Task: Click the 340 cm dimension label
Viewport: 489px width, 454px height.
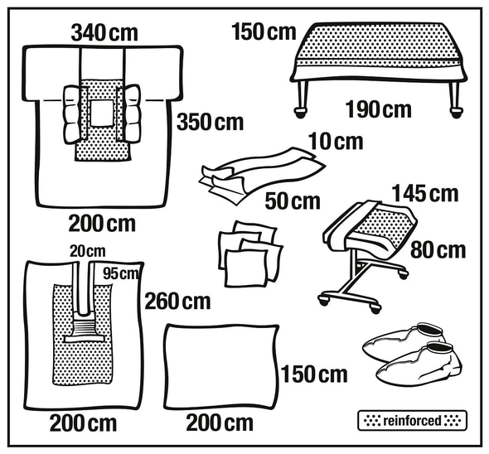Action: click(x=104, y=33)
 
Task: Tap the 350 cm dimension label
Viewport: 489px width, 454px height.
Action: click(x=210, y=122)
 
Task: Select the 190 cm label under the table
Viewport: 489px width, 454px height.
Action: click(x=378, y=109)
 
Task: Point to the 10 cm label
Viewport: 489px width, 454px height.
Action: click(x=336, y=142)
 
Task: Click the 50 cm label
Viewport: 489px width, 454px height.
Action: click(x=293, y=201)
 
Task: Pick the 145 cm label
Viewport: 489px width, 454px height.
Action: click(x=425, y=193)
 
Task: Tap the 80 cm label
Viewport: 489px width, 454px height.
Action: click(x=438, y=250)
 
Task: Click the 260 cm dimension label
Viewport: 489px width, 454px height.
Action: click(x=177, y=302)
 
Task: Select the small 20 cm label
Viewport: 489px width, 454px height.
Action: click(x=88, y=251)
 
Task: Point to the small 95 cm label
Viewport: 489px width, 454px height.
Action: click(x=121, y=273)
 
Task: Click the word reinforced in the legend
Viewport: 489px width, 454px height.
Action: click(x=412, y=421)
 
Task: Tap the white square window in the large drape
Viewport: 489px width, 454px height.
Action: click(x=102, y=113)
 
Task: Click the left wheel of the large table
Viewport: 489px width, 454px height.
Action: click(x=300, y=112)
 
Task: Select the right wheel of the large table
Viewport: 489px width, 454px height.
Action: click(x=457, y=112)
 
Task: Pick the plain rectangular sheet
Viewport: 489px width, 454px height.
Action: click(x=221, y=367)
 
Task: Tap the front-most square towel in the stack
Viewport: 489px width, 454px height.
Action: click(x=246, y=268)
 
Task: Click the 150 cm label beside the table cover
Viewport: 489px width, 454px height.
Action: click(x=264, y=32)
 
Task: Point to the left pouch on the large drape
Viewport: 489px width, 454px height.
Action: click(x=72, y=114)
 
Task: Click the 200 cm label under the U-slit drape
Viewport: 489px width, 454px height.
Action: click(x=83, y=423)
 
